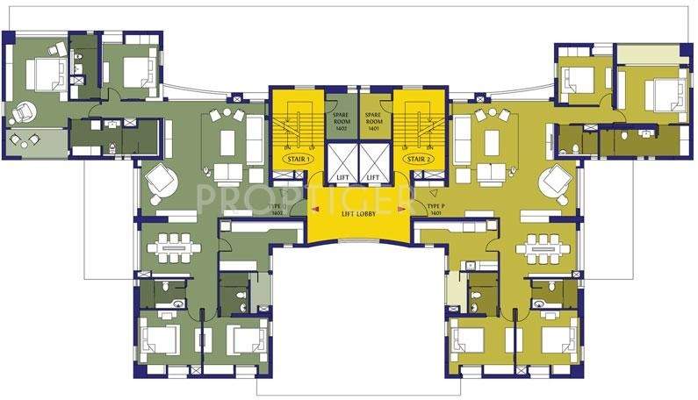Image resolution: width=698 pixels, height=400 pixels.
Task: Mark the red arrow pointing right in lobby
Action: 404,209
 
